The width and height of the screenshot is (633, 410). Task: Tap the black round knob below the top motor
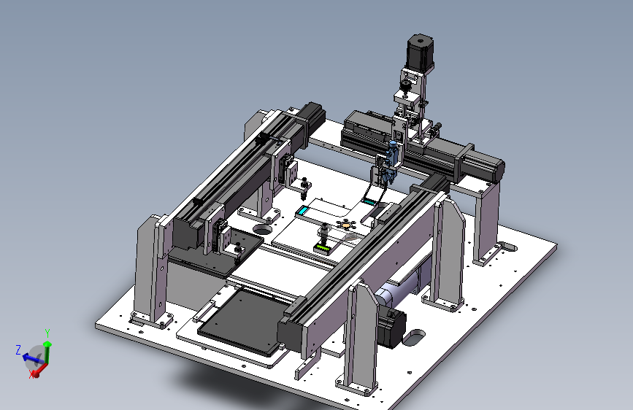405,85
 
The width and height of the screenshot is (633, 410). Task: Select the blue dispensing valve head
391,159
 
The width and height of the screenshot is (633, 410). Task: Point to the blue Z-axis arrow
33,358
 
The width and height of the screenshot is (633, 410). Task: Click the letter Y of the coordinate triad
47,333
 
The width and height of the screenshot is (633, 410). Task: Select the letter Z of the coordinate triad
18,350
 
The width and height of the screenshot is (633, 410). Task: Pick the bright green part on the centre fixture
322,247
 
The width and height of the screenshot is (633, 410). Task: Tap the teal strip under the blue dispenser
369,201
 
